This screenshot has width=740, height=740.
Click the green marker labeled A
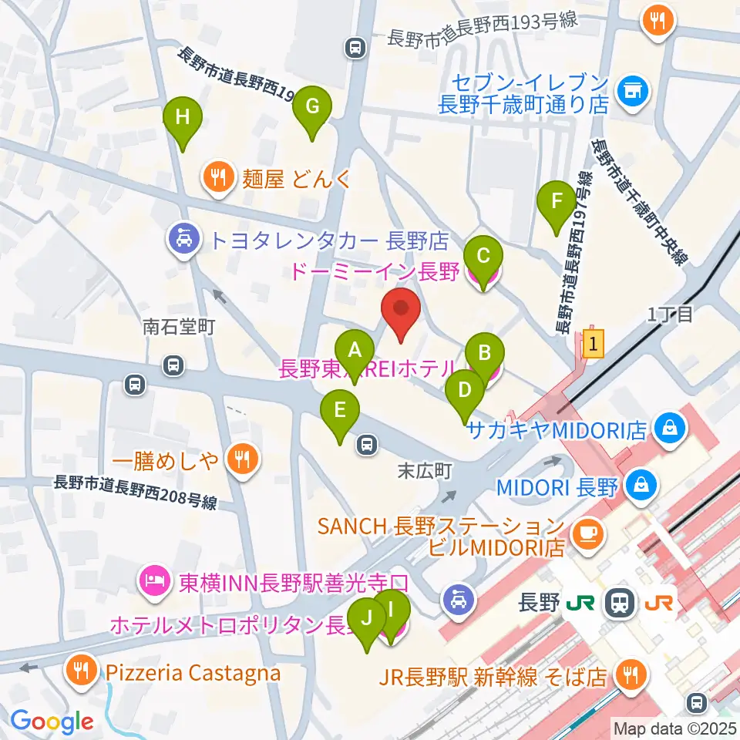point(355,351)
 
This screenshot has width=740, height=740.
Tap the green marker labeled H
point(183,118)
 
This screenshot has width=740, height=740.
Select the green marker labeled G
point(312,107)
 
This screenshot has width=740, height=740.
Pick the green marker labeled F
point(556,201)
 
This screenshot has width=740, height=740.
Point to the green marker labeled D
point(464,391)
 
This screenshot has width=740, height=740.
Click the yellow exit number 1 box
point(592,343)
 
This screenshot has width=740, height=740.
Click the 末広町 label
point(423,469)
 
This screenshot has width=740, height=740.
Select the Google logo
point(52,721)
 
